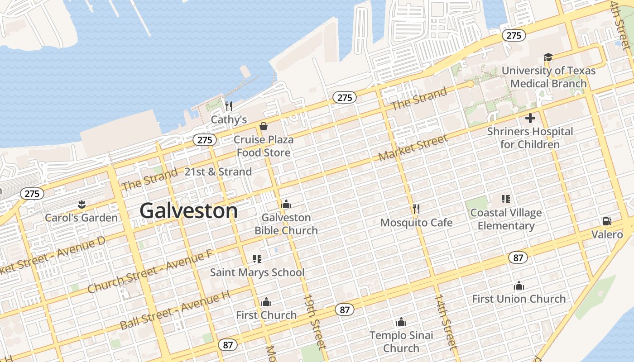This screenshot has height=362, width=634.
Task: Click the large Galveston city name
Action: point(188,211)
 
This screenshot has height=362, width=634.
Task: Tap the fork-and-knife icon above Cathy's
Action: point(229,106)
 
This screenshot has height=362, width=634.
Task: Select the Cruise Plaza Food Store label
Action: point(264,146)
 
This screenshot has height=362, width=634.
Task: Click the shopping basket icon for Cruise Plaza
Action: point(264,126)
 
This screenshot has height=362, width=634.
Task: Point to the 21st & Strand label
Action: point(218,172)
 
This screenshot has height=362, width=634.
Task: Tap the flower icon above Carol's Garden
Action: point(82,205)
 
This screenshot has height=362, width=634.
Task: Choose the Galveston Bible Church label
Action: point(286,224)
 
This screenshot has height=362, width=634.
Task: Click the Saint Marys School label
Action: point(257,272)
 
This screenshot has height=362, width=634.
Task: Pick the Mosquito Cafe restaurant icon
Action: point(416,209)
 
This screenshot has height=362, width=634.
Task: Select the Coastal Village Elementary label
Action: point(506,219)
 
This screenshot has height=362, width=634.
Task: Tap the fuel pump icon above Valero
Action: point(607,221)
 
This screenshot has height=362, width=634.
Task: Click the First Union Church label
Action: point(519,299)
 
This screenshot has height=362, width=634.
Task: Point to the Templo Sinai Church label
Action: point(401,342)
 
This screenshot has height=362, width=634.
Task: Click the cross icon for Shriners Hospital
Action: point(530,119)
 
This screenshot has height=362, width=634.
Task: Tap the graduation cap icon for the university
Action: point(548,57)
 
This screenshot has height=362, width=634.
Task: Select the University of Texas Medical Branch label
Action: point(548,77)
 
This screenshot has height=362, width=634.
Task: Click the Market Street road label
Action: point(413,148)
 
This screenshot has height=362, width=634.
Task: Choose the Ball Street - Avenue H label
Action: point(175,310)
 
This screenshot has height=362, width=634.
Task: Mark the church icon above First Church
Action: point(266,302)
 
